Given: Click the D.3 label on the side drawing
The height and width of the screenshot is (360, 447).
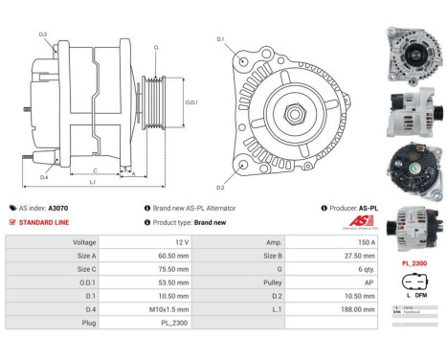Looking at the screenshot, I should [44, 34].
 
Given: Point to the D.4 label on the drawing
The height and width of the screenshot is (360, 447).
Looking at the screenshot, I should [44, 177].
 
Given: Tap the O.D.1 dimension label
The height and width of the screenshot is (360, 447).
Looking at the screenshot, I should [191, 102].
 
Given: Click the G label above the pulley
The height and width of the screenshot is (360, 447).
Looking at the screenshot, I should [156, 47].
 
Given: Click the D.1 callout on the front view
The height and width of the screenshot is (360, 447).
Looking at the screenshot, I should [220, 39].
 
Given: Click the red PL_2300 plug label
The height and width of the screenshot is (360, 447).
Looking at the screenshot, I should [413, 262].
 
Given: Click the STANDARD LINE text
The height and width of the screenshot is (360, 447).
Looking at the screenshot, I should [47, 221].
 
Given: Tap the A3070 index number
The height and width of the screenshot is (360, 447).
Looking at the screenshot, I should [58, 208].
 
